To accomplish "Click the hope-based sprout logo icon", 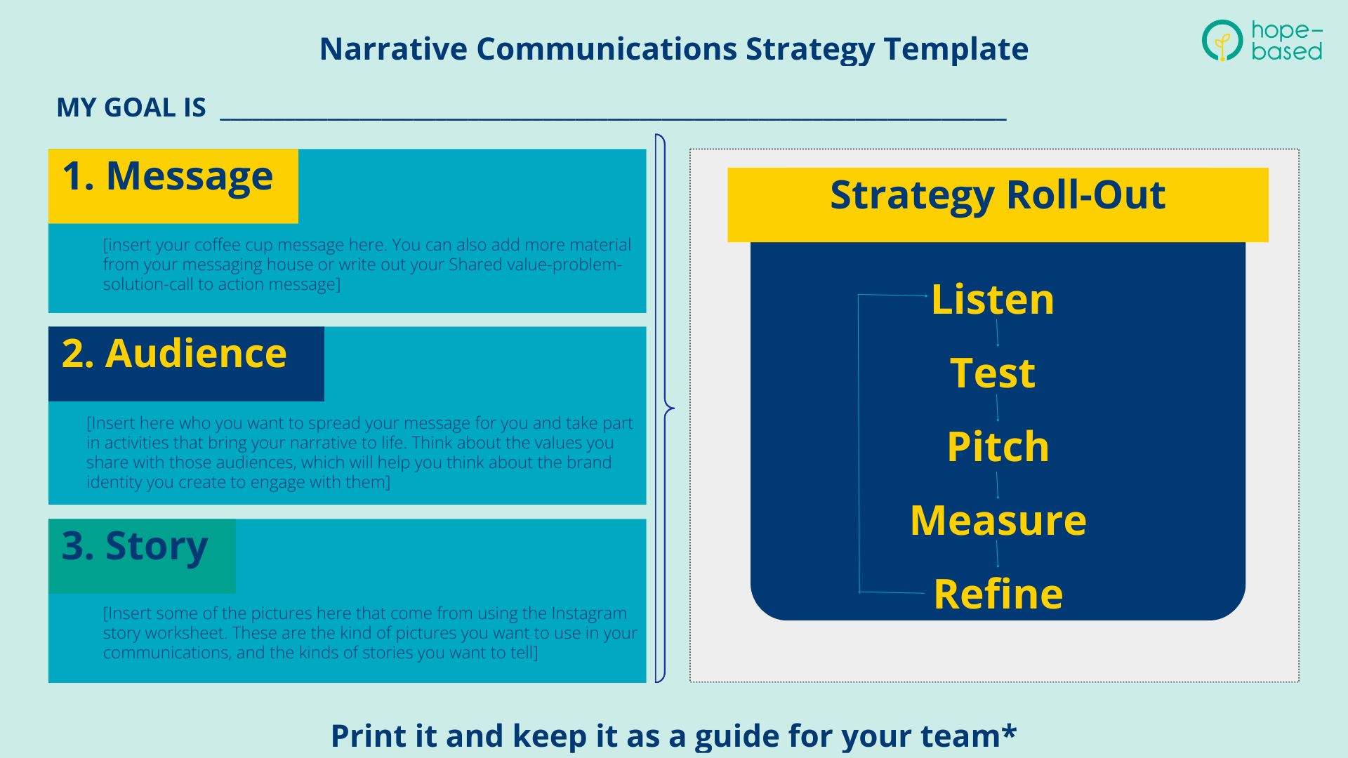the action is point(1222,41).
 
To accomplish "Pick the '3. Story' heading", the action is point(135,546).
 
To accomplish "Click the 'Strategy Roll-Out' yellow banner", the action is point(997,197).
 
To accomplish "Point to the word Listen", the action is point(992,300).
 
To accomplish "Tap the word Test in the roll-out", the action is point(992,373).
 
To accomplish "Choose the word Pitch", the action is point(997,447).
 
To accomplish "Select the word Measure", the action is point(998,521).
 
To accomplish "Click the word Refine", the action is point(998,594).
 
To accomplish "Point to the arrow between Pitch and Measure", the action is point(997,485).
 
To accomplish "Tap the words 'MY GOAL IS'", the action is point(131,108).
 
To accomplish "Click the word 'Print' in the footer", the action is point(365,736).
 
